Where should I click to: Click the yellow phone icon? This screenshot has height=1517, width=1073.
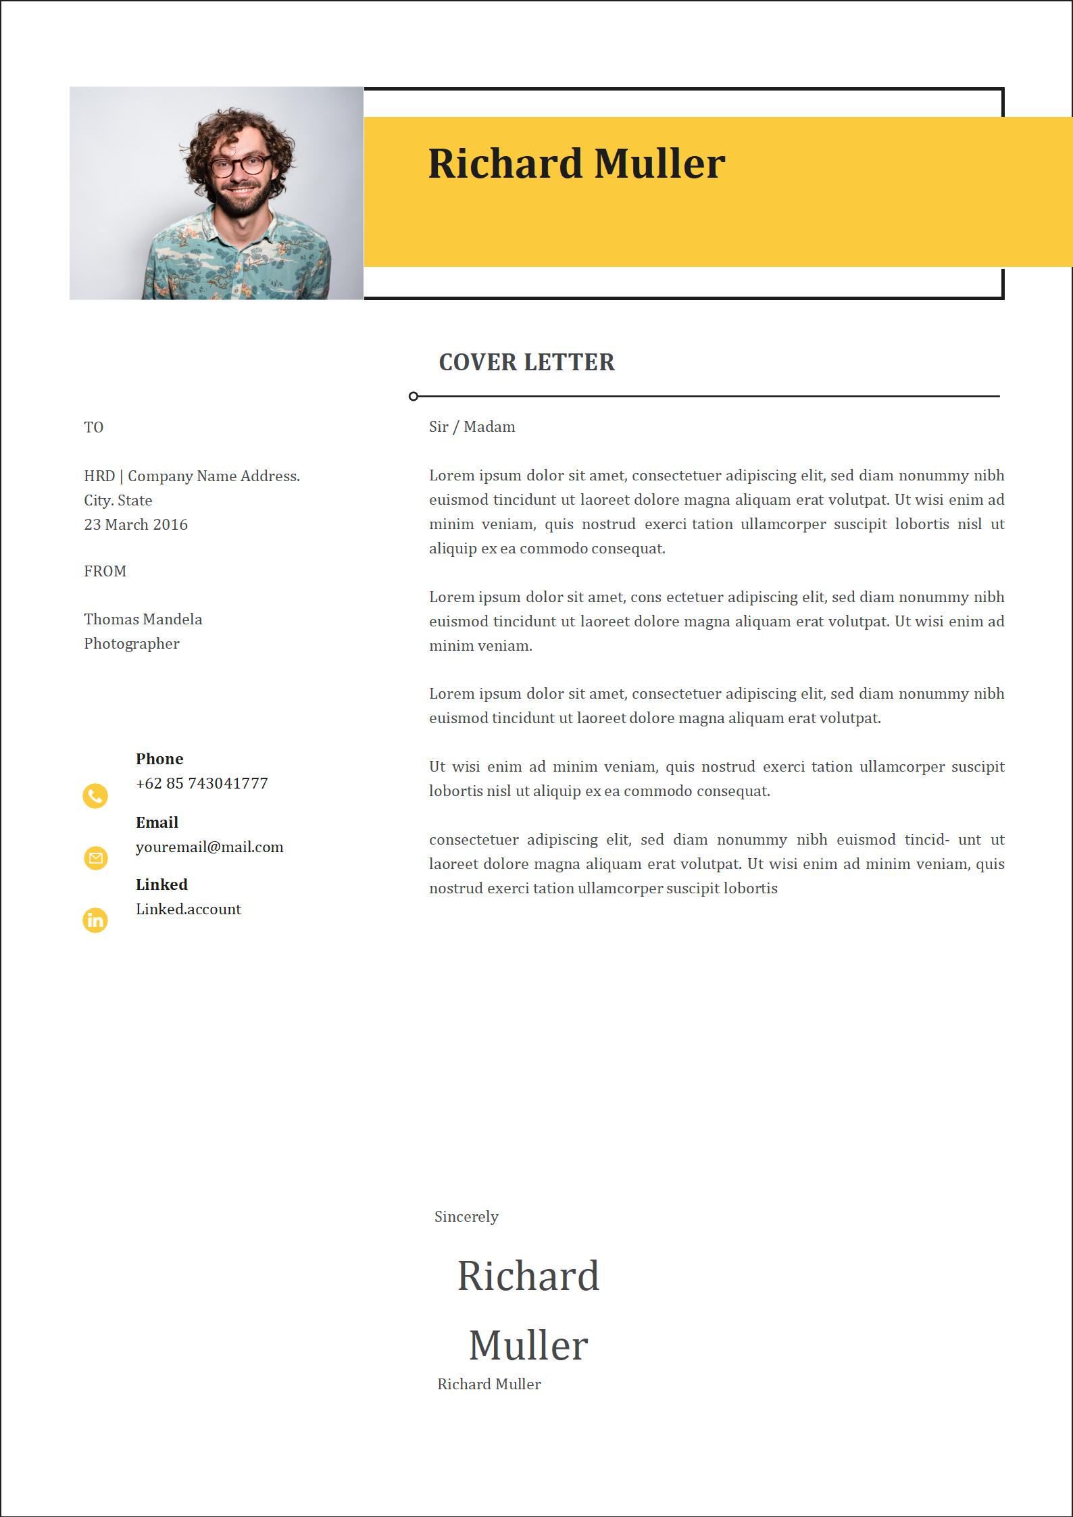(95, 796)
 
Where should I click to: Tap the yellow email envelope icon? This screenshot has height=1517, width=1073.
(95, 857)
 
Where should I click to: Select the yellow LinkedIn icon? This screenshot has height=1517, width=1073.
(95, 920)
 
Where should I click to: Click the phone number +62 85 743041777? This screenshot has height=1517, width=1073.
(201, 783)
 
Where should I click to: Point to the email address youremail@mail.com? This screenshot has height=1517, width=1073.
(209, 847)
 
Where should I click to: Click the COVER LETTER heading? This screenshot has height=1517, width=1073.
(526, 362)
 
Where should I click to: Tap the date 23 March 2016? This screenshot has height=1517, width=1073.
(136, 524)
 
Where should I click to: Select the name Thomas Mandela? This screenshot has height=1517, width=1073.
(143, 619)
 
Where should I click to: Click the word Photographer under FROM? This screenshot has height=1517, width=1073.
(132, 643)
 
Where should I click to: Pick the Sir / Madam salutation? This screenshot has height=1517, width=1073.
(472, 426)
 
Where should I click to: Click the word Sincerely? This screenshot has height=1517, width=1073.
(466, 1216)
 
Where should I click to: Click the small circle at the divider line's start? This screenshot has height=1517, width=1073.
(414, 396)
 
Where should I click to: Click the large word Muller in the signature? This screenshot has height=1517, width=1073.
(528, 1345)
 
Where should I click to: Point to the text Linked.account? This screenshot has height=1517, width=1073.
(189, 909)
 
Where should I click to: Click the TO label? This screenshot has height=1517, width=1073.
(93, 427)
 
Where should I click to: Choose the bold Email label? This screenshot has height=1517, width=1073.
(157, 822)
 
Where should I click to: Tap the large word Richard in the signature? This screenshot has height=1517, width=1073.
(528, 1276)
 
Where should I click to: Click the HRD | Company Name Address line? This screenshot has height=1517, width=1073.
(192, 476)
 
